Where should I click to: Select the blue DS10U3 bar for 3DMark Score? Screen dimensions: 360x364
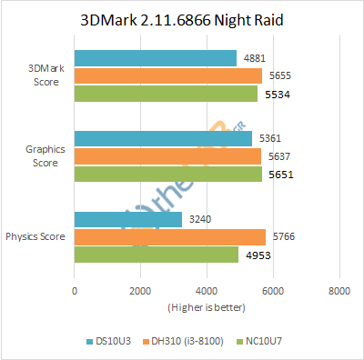[x=155, y=58]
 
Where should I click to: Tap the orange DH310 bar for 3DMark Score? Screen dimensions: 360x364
[x=167, y=75]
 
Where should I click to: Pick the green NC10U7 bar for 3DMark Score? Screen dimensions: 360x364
[x=166, y=93]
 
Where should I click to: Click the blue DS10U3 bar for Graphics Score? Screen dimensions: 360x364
[x=163, y=138]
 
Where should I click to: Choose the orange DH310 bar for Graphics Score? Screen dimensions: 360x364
[x=167, y=155]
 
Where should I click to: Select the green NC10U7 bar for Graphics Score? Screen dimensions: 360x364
[x=167, y=173]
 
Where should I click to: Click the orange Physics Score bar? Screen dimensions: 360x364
[x=169, y=236]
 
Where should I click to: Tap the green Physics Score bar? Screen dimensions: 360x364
[x=156, y=254]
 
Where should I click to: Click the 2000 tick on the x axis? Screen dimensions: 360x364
[x=140, y=292]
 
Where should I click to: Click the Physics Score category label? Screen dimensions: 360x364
[x=36, y=236]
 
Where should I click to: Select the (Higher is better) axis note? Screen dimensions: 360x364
[x=206, y=306]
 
